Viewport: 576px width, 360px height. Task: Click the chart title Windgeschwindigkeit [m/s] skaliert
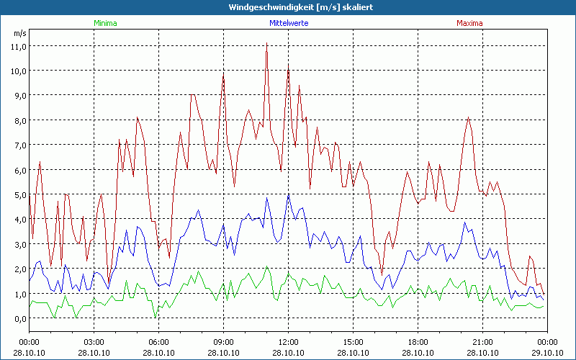pos(288,7)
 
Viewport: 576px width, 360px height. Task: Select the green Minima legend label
pos(104,23)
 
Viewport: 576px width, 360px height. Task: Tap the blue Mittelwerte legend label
pos(288,23)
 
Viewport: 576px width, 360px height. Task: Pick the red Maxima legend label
pos(470,23)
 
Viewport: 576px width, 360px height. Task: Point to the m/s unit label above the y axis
pos(19,33)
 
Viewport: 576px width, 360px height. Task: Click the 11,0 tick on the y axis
pos(18,46)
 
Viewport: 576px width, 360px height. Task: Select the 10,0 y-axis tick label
pos(18,71)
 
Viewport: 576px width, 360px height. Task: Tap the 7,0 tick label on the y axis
pos(18,145)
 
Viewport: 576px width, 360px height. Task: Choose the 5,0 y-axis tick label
pos(18,194)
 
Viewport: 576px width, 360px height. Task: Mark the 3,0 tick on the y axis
pos(18,244)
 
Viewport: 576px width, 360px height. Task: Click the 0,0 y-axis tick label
pos(18,318)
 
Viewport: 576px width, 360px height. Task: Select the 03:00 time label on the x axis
pos(94,342)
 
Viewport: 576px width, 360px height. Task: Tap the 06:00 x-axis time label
pos(159,342)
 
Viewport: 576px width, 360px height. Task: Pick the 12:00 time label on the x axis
pos(288,342)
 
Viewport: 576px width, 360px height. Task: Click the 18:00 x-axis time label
pos(418,342)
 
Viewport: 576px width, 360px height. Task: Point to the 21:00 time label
pos(482,342)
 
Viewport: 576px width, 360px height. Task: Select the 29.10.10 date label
pos(546,353)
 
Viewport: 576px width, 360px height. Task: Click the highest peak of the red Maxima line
pos(266,43)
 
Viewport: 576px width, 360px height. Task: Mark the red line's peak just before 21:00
pos(469,117)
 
